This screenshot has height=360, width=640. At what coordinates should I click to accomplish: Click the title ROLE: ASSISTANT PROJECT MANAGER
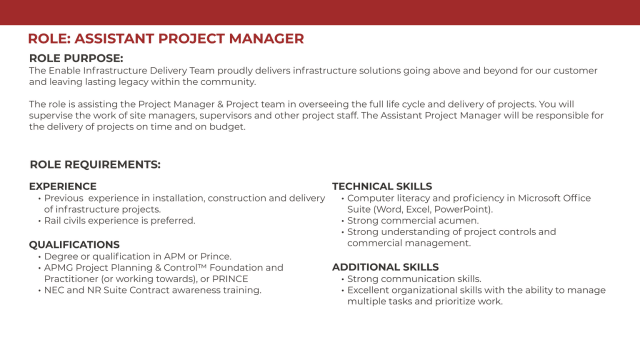(x=166, y=38)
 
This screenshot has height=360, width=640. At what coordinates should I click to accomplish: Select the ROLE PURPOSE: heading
(x=76, y=58)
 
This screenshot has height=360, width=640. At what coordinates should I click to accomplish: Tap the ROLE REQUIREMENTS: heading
(x=95, y=164)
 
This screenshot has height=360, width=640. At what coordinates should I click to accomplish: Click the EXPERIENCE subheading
(x=63, y=186)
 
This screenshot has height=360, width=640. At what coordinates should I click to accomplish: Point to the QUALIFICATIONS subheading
(x=74, y=244)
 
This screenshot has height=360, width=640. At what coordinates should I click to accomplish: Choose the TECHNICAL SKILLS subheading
(x=382, y=186)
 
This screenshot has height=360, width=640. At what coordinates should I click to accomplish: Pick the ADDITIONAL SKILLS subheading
(x=385, y=267)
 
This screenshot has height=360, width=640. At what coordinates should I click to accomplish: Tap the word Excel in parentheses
(x=417, y=209)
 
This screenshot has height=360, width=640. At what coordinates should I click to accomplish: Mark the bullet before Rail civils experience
(x=39, y=221)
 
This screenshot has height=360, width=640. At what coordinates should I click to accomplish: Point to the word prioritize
(x=454, y=301)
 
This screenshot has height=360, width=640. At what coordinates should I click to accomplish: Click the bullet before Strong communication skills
(x=342, y=279)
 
